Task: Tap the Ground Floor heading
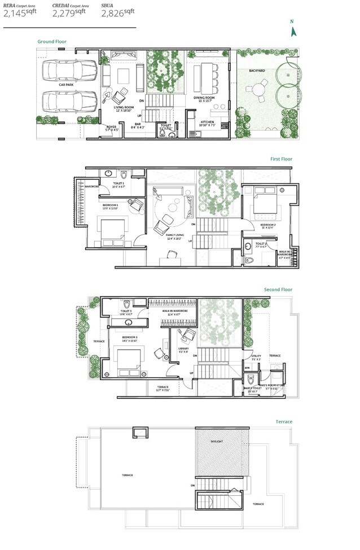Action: (x=52, y=42)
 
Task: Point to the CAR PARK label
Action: (x=66, y=85)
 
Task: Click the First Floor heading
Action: (x=280, y=159)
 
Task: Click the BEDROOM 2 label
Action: (x=268, y=225)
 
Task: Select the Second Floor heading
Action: (x=278, y=290)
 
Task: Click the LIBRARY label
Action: (x=184, y=349)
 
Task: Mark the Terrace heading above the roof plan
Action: (x=284, y=421)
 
